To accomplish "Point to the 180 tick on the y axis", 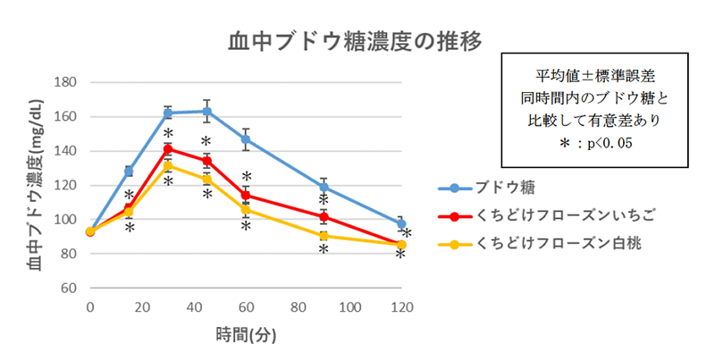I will click(69, 82).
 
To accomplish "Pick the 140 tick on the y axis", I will click(69, 151).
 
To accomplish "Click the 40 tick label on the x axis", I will click(194, 307).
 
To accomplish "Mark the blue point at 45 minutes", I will click(207, 112).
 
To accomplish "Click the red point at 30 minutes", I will click(168, 148).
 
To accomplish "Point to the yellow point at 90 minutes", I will click(324, 236).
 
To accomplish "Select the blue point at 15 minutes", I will click(129, 171).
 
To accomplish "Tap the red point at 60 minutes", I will click(246, 195).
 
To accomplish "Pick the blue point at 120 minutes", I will click(401, 224).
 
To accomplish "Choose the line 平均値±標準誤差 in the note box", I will click(594, 76).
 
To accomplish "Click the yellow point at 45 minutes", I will click(207, 180).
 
